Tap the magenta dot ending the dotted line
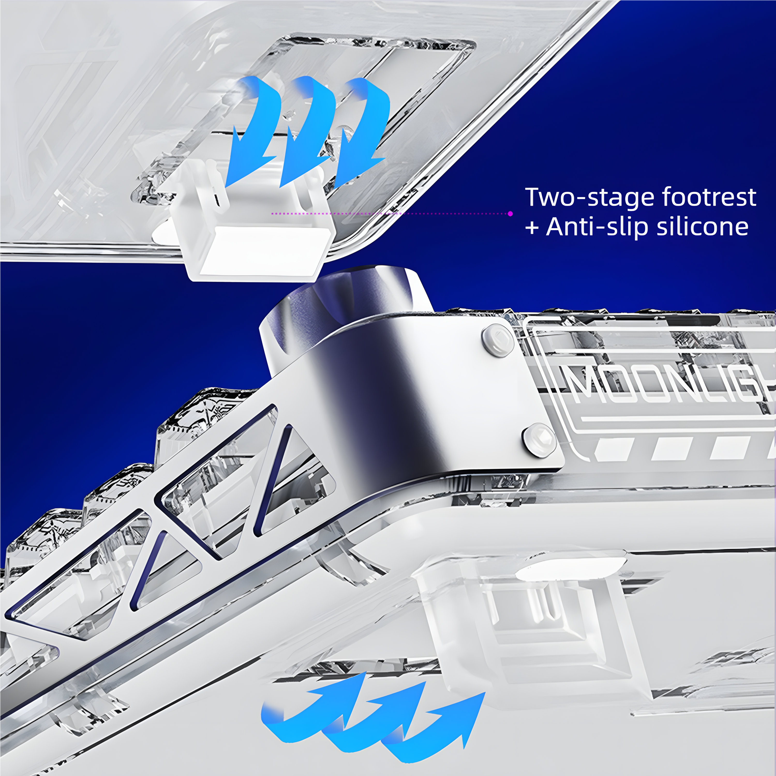[x=510, y=214]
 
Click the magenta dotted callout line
[x=390, y=214]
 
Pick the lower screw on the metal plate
[x=539, y=440]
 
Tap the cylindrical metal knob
[x=345, y=309]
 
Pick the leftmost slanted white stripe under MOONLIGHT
[x=612, y=449]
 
